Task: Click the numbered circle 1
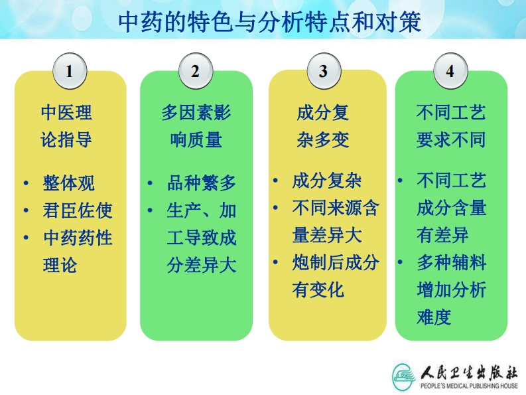[70, 71]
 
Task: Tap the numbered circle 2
[196, 71]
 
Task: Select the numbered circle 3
[324, 71]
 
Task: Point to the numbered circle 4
[450, 71]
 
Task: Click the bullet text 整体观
[69, 183]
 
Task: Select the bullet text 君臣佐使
[78, 210]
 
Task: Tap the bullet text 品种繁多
[202, 183]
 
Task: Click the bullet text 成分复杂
[327, 181]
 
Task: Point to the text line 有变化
[318, 289]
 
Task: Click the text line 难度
[434, 317]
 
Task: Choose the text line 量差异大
[327, 235]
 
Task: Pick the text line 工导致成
[202, 238]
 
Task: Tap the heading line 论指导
[66, 139]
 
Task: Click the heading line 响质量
[196, 139]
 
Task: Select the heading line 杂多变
[323, 139]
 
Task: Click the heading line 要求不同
[451, 139]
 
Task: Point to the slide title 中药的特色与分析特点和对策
[270, 23]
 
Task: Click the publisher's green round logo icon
[404, 377]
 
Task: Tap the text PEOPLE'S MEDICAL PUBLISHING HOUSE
[470, 386]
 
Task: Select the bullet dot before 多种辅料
[400, 262]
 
